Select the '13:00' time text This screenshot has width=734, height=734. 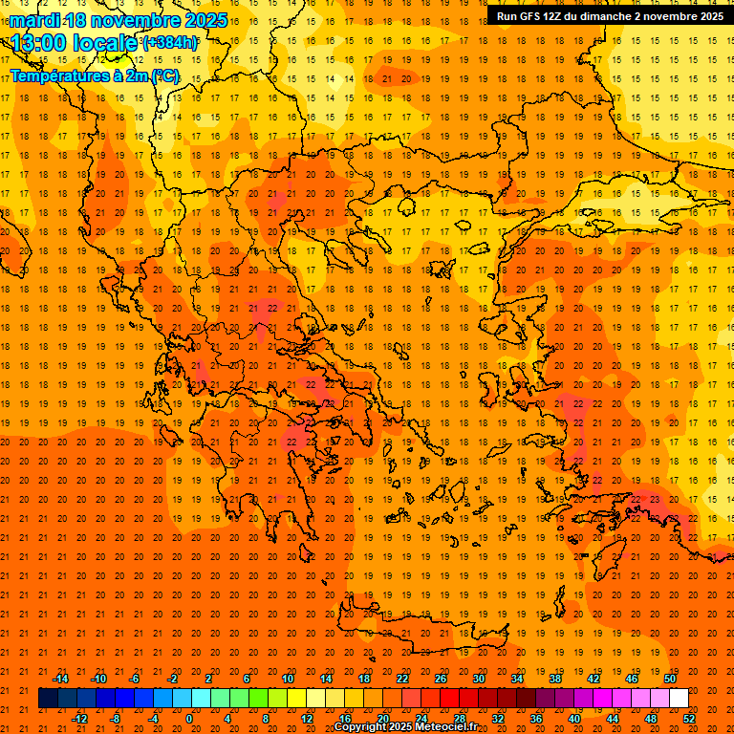tap(39, 43)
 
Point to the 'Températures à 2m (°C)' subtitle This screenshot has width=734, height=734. tap(94, 76)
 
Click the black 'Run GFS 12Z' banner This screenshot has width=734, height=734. tap(609, 16)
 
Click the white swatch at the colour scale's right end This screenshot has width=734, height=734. tap(679, 699)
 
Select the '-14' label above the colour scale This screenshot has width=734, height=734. tap(60, 679)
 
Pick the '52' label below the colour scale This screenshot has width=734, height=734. tap(689, 719)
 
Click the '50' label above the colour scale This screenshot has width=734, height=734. tap(669, 679)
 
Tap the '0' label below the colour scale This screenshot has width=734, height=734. tap(188, 719)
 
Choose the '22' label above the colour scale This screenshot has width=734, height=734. tap(402, 679)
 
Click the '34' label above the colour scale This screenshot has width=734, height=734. tap(517, 679)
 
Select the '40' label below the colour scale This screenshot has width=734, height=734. tap(574, 719)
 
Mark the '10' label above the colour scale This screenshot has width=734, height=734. tap(288, 679)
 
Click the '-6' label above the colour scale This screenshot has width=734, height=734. tap(135, 679)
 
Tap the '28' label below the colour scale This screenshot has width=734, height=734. tap(460, 719)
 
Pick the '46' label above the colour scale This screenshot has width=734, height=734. tap(632, 679)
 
